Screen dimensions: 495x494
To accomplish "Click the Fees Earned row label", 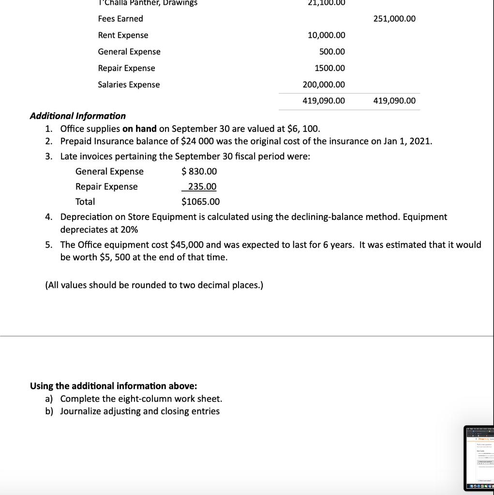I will tap(120, 19).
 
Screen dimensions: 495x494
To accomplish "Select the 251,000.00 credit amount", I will tap(394, 19).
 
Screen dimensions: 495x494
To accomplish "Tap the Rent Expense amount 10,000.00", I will tap(326, 35).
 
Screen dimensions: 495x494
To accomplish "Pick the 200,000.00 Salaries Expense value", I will tap(324, 85).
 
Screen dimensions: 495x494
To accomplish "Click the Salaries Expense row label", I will tap(129, 85).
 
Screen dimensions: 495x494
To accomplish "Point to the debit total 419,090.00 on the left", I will tap(324, 101).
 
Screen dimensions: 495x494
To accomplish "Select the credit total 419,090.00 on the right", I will tap(394, 101).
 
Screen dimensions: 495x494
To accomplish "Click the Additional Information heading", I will tap(78, 116).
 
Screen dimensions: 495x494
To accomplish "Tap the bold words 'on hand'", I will tap(139, 129).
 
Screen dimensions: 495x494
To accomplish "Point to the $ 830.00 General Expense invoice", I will tap(199, 172).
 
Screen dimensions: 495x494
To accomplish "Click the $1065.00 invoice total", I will tap(200, 202).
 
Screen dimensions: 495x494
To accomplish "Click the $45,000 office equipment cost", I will tap(187, 245).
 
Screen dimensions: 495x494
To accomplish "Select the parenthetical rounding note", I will tap(154, 285).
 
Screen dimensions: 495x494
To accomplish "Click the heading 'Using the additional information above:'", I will tap(114, 386).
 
